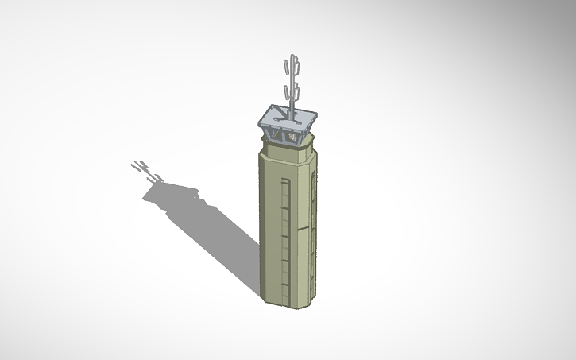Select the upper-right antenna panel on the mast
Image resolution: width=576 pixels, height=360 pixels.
297,63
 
